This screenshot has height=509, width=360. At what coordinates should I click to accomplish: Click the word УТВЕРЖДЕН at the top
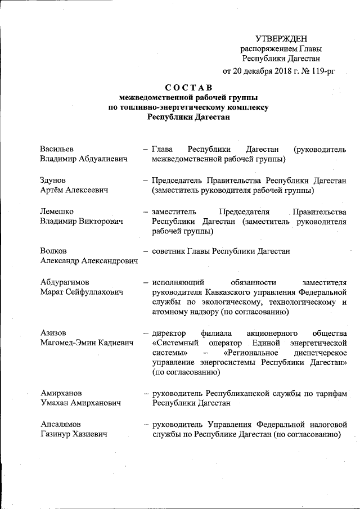coord(281,38)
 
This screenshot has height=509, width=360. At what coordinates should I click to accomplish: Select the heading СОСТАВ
coord(188,87)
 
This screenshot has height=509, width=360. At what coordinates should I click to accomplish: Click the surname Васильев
coord(57,149)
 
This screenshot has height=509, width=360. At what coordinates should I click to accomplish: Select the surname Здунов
coord(53,181)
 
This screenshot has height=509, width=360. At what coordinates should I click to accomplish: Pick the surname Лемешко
coord(56,211)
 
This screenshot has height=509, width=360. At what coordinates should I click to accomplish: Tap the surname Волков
coord(53,251)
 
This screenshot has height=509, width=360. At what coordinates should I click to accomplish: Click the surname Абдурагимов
coord(64,282)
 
